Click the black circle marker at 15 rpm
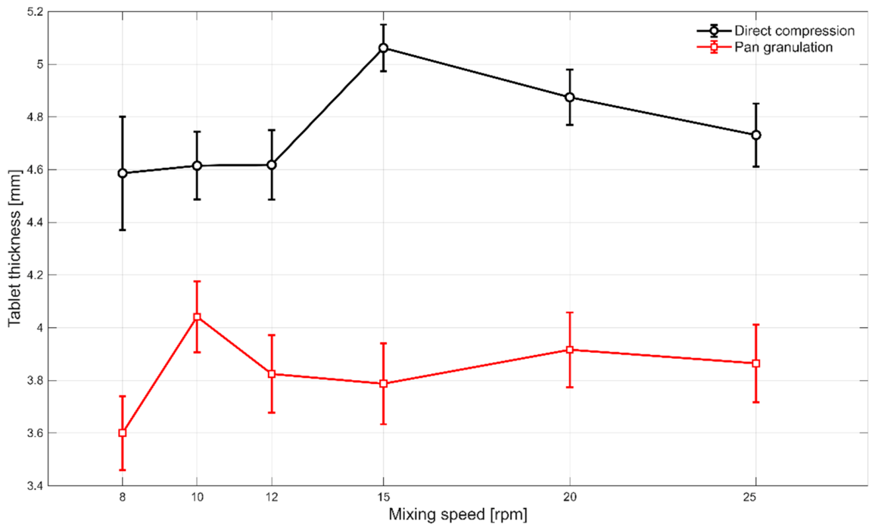(x=383, y=48)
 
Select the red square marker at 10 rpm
(x=197, y=317)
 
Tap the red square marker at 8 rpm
(x=123, y=433)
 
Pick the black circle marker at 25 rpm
(x=756, y=136)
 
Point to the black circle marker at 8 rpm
(x=123, y=173)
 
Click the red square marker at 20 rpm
(x=570, y=350)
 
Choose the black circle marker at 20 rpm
(x=570, y=97)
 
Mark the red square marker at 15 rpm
(x=383, y=384)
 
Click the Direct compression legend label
(x=794, y=31)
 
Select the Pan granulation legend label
(x=783, y=48)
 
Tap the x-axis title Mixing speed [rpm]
(x=458, y=514)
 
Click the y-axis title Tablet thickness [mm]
(x=14, y=248)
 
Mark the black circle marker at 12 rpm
(x=272, y=165)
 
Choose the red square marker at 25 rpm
(x=756, y=363)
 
